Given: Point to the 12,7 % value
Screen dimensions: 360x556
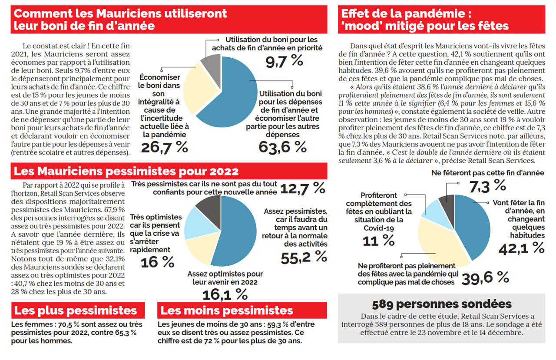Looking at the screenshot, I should tap(302, 188).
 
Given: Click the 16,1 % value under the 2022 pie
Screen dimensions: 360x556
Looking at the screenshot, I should tap(225, 294).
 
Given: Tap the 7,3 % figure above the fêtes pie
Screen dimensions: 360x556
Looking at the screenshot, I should tap(487, 185).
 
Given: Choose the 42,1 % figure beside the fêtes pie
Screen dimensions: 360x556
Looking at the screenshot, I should tap(521, 248).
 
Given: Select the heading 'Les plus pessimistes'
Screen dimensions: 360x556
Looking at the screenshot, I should tap(76, 310).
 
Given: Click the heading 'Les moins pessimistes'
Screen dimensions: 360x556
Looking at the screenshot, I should tap(227, 310).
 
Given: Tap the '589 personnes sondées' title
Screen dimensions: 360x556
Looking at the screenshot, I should tap(441, 304).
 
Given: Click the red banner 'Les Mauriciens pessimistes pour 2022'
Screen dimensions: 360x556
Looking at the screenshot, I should tap(126, 171).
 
